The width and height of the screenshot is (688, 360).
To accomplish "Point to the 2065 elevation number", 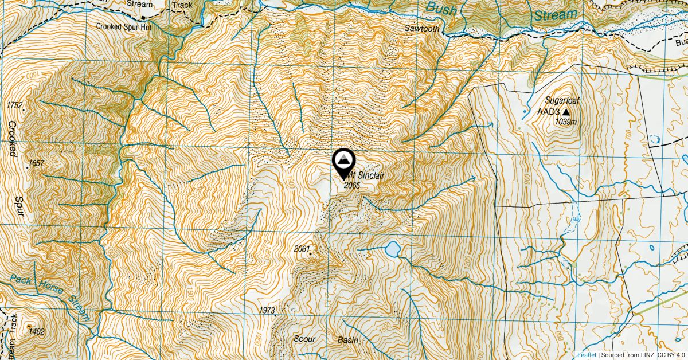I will click(x=351, y=185).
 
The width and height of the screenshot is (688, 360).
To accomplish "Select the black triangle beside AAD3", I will click(x=566, y=112).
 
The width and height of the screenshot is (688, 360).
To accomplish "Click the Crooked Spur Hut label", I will click(x=123, y=26).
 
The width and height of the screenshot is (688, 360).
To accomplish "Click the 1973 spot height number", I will click(x=267, y=310).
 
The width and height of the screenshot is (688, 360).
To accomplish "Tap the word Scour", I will click(x=304, y=339).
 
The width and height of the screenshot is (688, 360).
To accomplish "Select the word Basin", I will click(x=347, y=340).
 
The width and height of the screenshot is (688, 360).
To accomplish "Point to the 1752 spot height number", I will click(x=14, y=105).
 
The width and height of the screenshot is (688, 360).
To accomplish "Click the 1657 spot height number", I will click(x=36, y=163).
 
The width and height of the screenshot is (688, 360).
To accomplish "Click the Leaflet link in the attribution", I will click(x=586, y=355).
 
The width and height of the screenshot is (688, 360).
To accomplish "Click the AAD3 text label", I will click(x=548, y=112).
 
